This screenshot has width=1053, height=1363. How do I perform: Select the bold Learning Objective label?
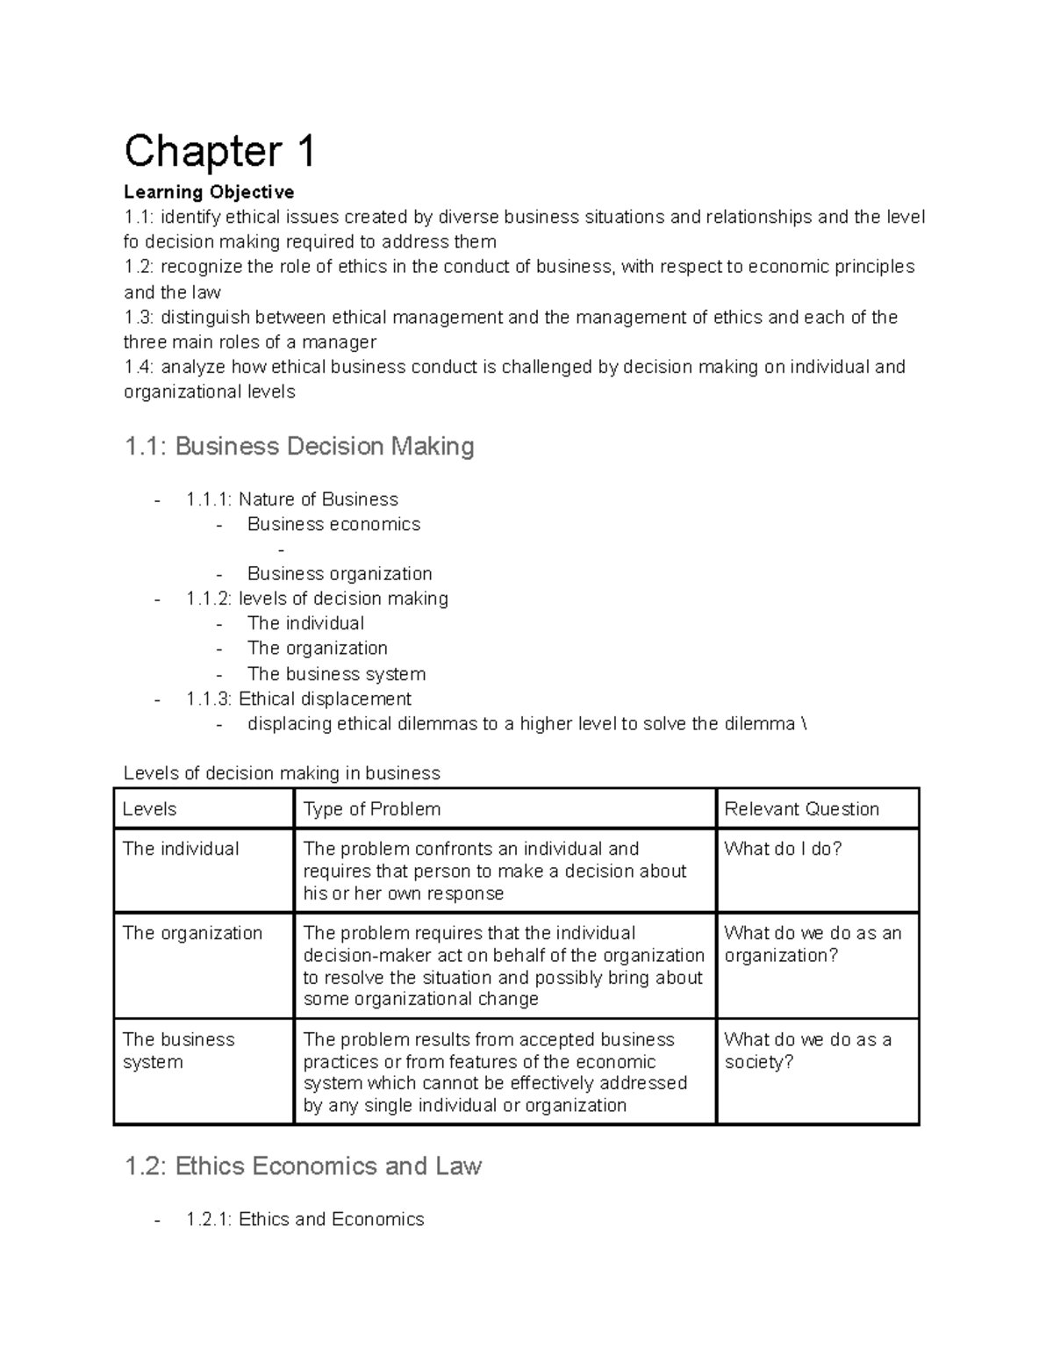coord(209,192)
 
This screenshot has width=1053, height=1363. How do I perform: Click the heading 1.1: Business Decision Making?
coord(299,447)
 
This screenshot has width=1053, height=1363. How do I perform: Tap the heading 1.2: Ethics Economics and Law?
coord(303,1166)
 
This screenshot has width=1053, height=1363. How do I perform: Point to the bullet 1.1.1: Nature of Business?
coord(291,499)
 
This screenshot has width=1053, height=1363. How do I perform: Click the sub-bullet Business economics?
coord(333,525)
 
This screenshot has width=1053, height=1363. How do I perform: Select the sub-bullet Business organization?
coord(340,574)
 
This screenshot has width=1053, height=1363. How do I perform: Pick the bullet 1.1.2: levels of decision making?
coord(317,599)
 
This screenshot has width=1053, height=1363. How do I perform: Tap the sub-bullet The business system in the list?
coord(336,674)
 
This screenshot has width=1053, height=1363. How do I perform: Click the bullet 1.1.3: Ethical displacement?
coord(298,699)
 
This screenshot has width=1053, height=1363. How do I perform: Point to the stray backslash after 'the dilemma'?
coord(804,724)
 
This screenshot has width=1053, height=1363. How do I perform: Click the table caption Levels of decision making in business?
coord(282,773)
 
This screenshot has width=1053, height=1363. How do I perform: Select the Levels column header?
coord(150,809)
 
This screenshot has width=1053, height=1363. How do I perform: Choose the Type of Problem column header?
coord(372,809)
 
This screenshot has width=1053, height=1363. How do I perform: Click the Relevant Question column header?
coord(801,809)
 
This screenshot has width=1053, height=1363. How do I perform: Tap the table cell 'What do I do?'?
coord(783,849)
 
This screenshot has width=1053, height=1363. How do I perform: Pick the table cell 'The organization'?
coord(192,933)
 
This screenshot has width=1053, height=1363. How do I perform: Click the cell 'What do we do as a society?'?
coord(807,1051)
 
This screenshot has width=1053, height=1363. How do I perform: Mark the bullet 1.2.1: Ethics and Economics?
coord(304,1219)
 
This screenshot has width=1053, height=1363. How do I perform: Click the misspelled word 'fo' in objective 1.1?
coord(132,242)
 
